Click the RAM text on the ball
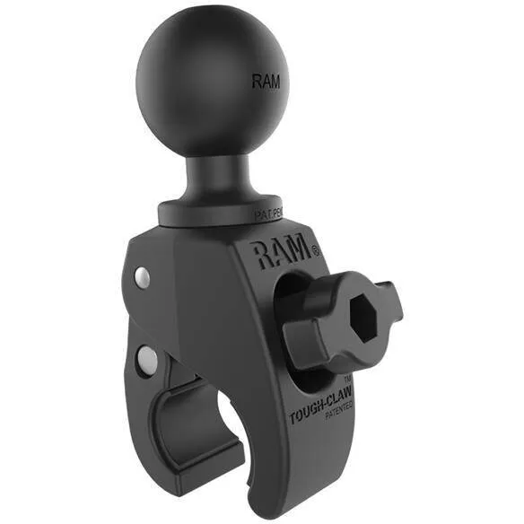[x=266, y=82]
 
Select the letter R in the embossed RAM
[x=265, y=258]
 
